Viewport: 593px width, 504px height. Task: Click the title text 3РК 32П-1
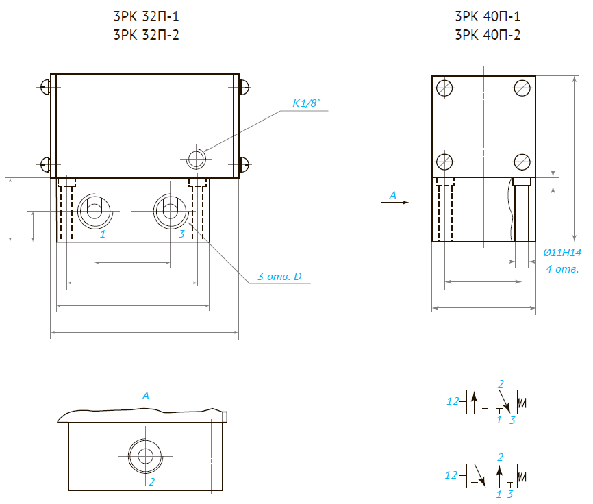(x=146, y=17)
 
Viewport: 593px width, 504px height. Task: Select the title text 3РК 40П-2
(x=488, y=35)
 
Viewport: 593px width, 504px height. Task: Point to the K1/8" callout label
(x=307, y=103)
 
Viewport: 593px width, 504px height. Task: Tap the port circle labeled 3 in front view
(x=169, y=212)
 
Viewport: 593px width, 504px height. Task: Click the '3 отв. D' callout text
(x=279, y=277)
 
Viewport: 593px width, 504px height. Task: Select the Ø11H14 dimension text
(x=562, y=253)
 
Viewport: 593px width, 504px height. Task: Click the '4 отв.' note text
(x=562, y=269)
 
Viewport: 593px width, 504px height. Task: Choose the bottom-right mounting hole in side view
(x=522, y=162)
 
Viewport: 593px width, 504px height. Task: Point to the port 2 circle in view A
(x=144, y=454)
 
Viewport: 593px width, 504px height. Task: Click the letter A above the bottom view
(x=145, y=396)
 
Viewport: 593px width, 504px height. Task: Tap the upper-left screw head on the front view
(x=45, y=87)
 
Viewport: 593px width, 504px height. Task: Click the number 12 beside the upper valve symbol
(x=452, y=401)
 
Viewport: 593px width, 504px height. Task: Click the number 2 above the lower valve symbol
(x=501, y=457)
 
